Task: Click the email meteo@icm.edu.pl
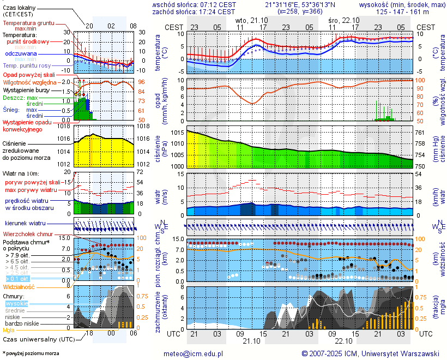194,353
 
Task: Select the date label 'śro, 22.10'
344,20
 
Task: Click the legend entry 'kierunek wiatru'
25,224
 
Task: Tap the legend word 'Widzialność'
19,286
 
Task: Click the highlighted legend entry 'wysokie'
16,303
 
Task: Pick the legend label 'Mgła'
9,330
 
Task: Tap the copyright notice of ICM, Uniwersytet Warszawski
371,353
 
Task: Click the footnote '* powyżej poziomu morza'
31,353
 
